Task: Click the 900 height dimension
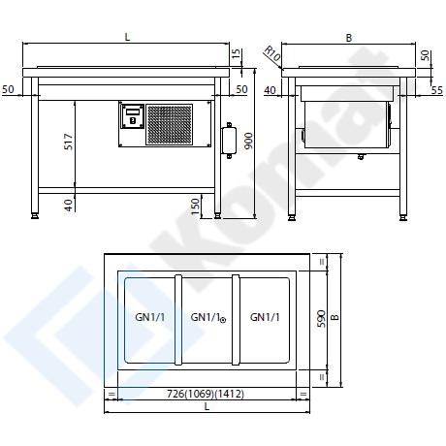pyautogui.click(x=249, y=141)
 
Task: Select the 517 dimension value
pyautogui.click(x=69, y=142)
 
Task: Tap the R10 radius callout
pyautogui.click(x=272, y=54)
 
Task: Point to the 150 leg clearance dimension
pyautogui.click(x=195, y=207)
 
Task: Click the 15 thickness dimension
pyautogui.click(x=237, y=54)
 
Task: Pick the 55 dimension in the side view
pyautogui.click(x=436, y=90)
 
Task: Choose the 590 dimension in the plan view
pyautogui.click(x=321, y=319)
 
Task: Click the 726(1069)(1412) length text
pyautogui.click(x=206, y=394)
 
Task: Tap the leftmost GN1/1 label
pyautogui.click(x=150, y=317)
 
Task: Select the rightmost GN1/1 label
pyautogui.click(x=265, y=317)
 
